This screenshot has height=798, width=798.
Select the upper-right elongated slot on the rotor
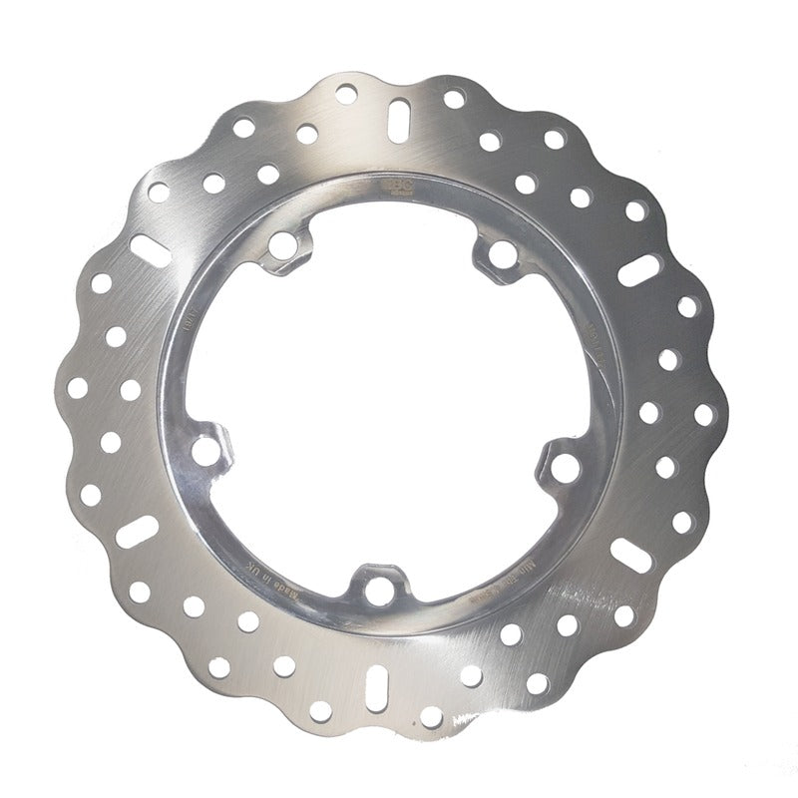coord(639,268)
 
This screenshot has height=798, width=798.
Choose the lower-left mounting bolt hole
coord(204,451)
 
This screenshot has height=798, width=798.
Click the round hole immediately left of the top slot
coord(346,95)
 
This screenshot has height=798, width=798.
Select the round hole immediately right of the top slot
coord(454,99)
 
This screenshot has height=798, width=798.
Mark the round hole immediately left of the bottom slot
coord(321,711)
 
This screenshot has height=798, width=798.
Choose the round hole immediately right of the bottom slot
coord(431,715)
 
